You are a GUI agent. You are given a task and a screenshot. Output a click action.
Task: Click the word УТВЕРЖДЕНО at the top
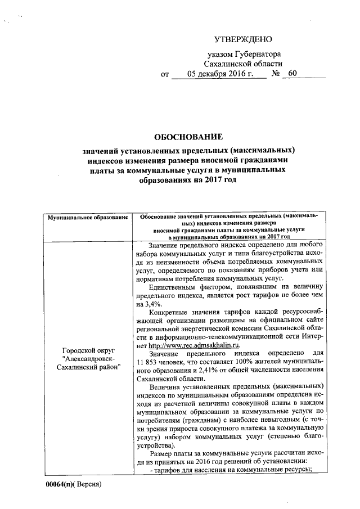pos(243,39)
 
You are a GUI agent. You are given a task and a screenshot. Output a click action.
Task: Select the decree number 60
pos(292,74)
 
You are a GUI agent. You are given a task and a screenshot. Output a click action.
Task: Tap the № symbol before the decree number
pos(276,74)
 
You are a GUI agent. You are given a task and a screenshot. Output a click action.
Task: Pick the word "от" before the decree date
pos(165,74)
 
